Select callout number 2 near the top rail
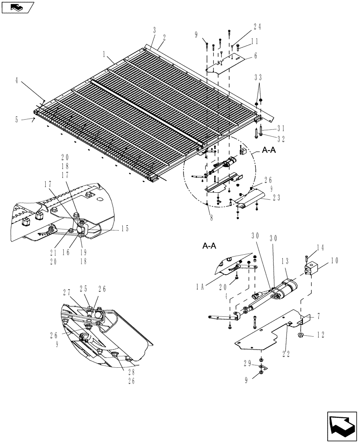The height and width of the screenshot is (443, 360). (164, 38)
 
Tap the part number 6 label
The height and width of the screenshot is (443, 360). (255, 56)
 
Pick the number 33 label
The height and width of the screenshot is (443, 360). (258, 77)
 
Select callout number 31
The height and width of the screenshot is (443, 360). (280, 128)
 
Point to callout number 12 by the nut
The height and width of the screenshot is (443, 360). (320, 335)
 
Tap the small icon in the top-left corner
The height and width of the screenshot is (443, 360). (17, 7)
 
